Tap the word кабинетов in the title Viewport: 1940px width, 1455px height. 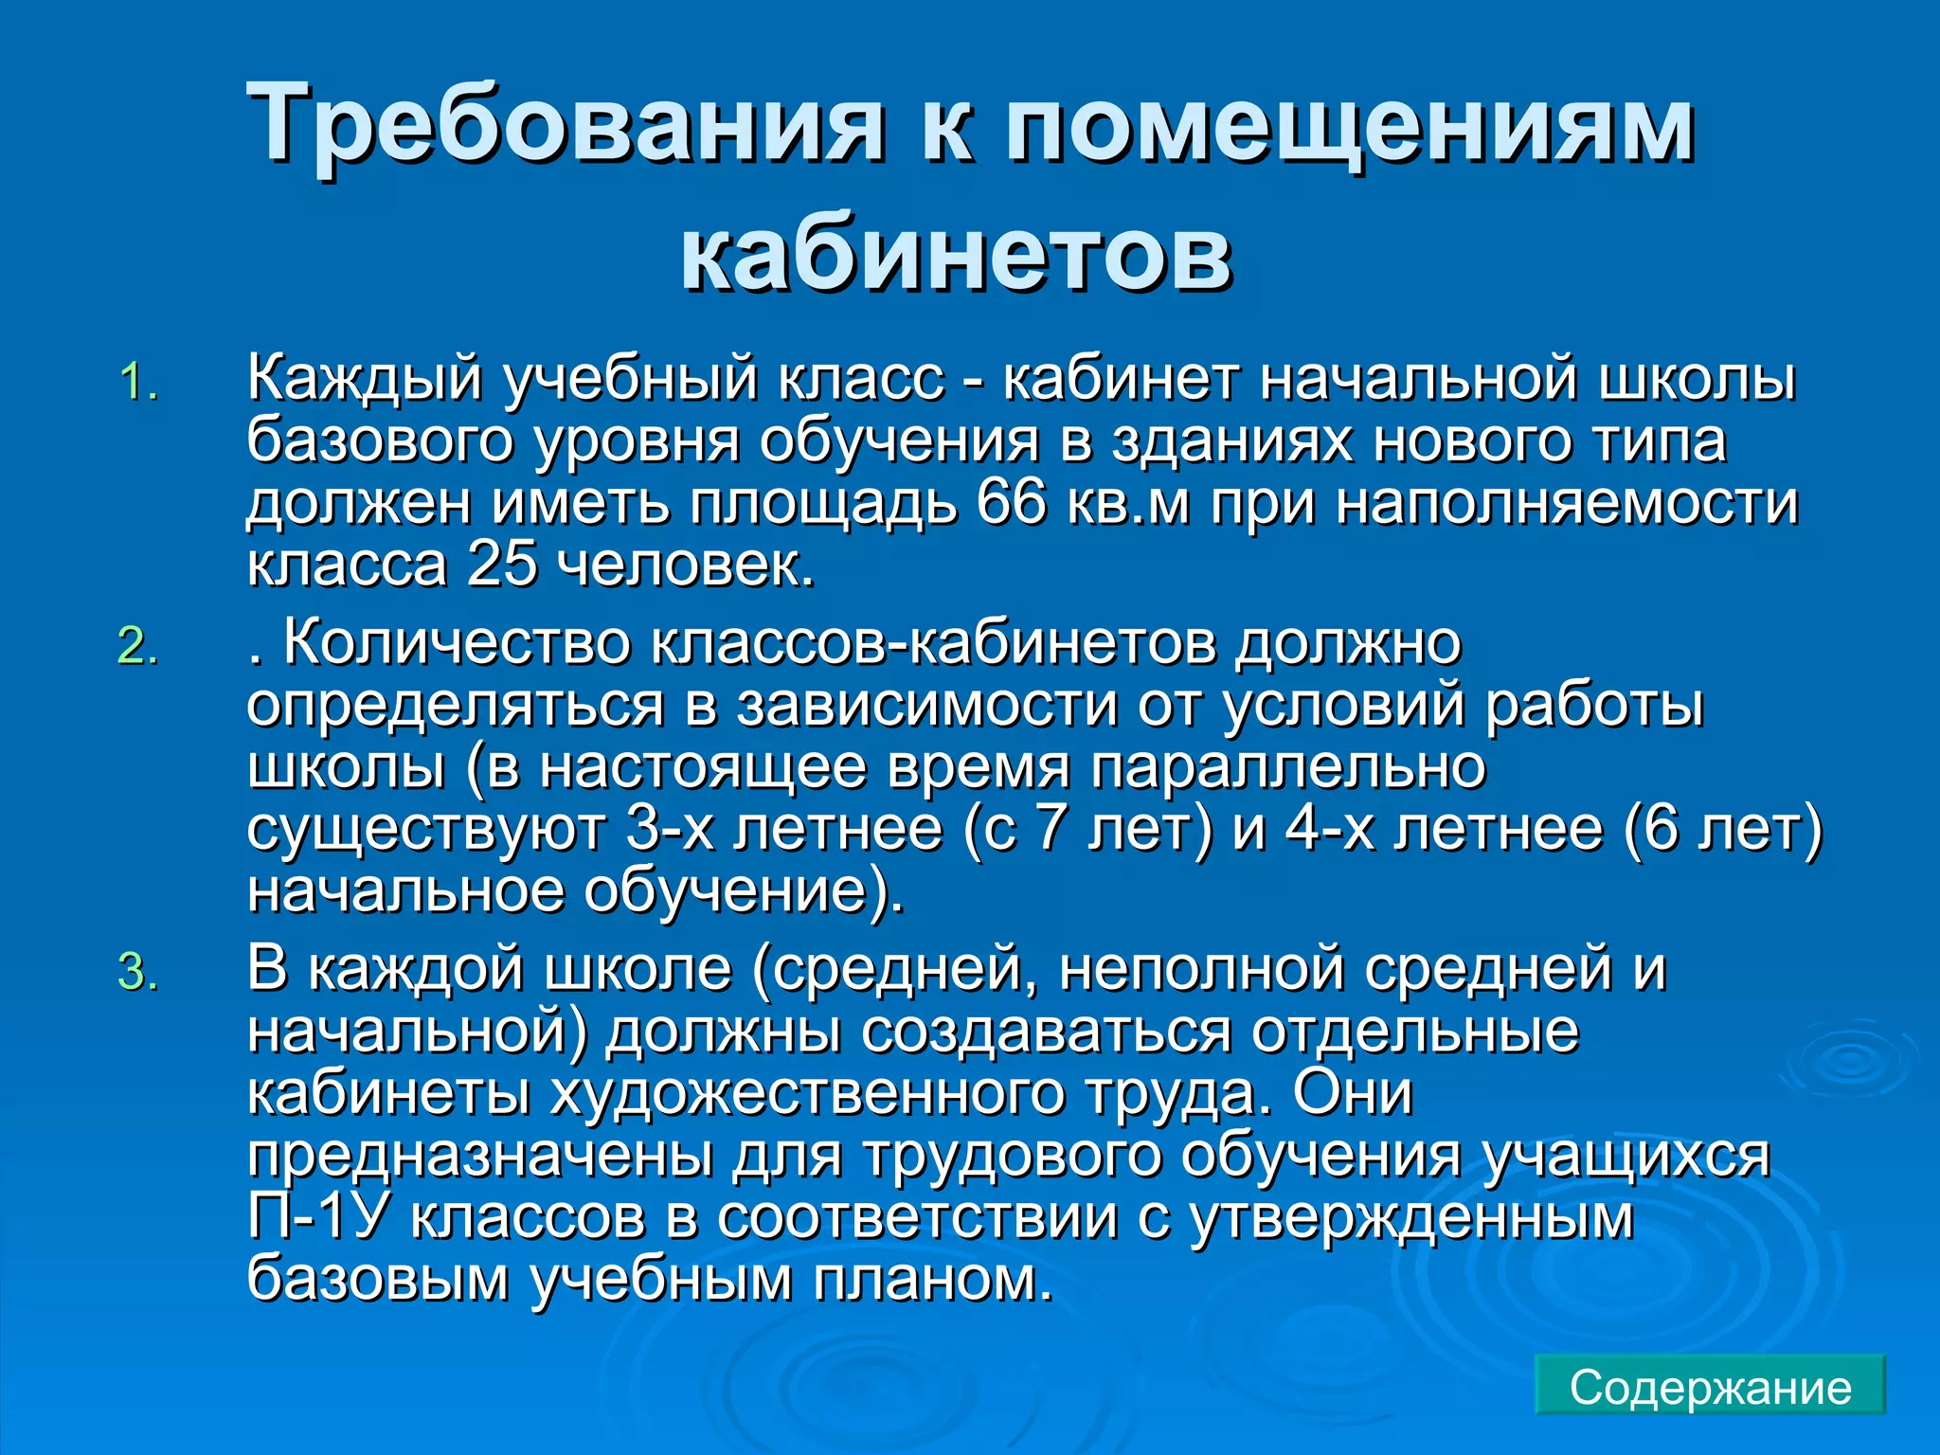pos(956,253)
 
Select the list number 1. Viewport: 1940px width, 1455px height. pos(138,383)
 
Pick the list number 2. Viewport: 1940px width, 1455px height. pos(138,648)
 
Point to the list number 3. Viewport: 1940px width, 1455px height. pos(138,973)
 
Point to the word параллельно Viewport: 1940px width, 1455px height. pos(1287,767)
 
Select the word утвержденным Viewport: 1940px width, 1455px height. pos(1412,1217)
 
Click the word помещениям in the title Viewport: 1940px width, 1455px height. pos(1349,123)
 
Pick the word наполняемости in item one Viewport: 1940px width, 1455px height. pos(1567,503)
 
